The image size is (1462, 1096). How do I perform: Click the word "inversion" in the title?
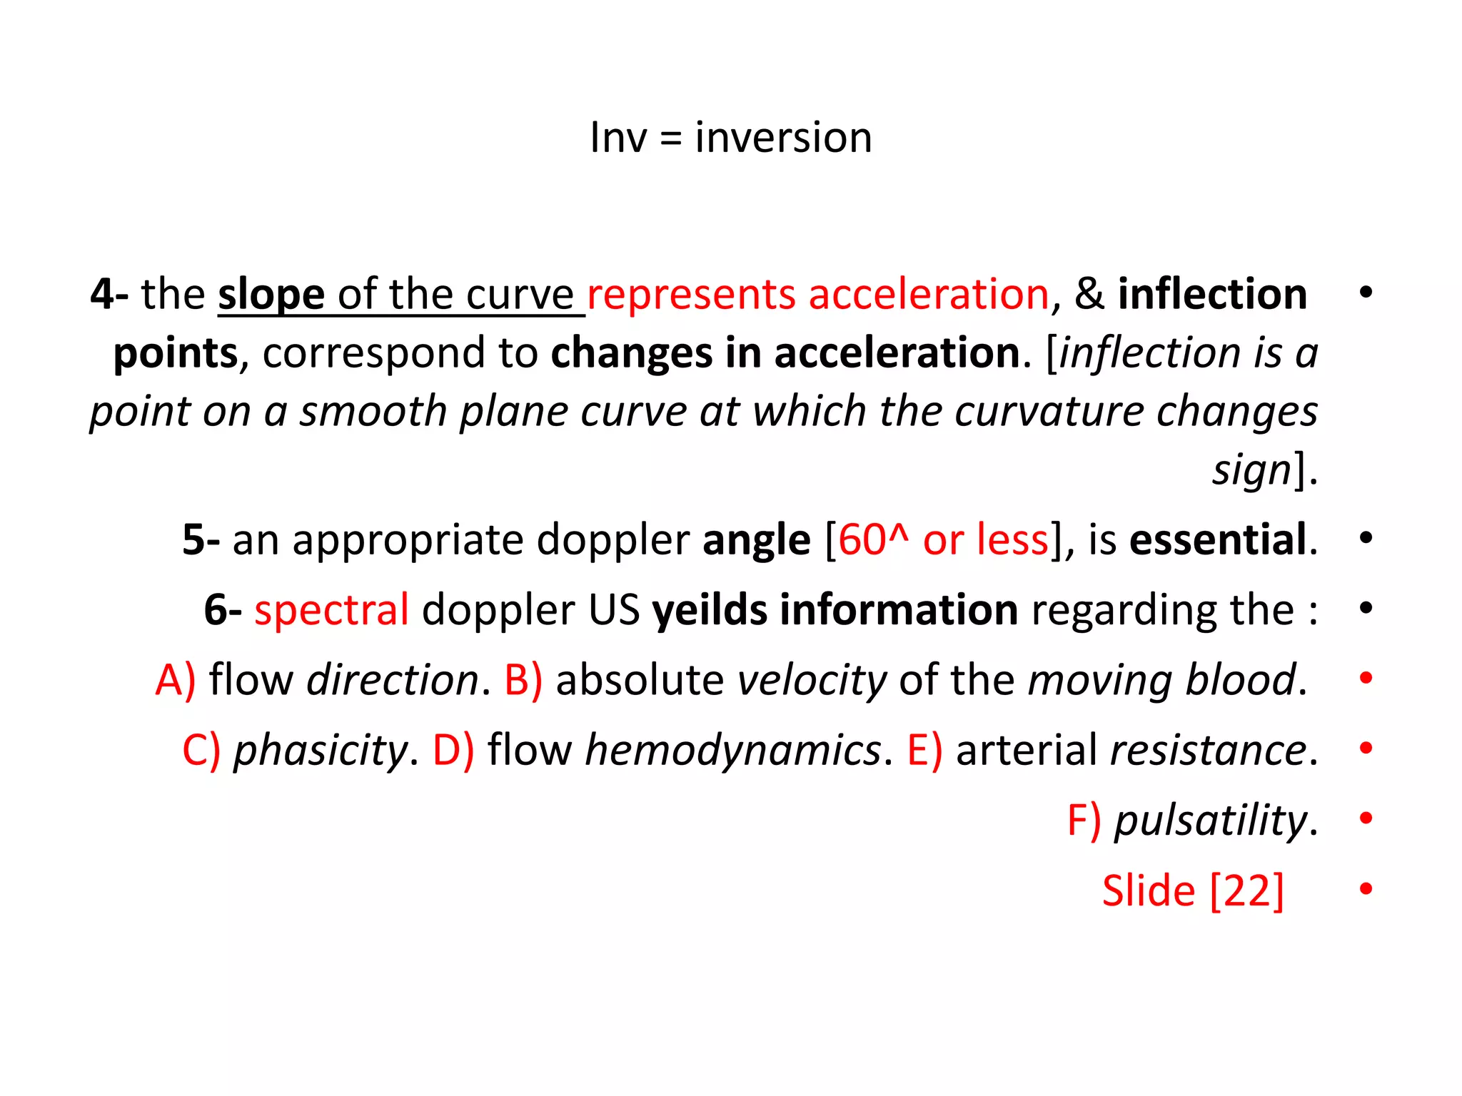(783, 137)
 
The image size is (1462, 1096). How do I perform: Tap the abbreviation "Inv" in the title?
(618, 137)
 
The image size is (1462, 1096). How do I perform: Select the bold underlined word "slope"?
(271, 294)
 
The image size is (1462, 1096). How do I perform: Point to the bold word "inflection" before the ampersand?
(1212, 294)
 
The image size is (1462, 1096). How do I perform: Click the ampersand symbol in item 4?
(1089, 294)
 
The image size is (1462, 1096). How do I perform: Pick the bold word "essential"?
(1218, 539)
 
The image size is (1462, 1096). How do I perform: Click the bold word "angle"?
(757, 539)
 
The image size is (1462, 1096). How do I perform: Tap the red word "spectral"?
(331, 610)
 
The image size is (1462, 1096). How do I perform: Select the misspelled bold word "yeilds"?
(710, 610)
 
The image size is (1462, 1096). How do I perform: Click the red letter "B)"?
(523, 679)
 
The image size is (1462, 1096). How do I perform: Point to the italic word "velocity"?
(812, 679)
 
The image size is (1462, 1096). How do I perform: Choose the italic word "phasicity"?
(321, 751)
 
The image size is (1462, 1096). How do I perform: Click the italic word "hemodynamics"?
(733, 751)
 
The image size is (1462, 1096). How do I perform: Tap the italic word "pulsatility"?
(1211, 821)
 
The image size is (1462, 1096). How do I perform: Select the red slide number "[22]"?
(1247, 890)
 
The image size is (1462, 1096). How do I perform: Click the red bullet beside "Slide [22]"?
(1366, 890)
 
